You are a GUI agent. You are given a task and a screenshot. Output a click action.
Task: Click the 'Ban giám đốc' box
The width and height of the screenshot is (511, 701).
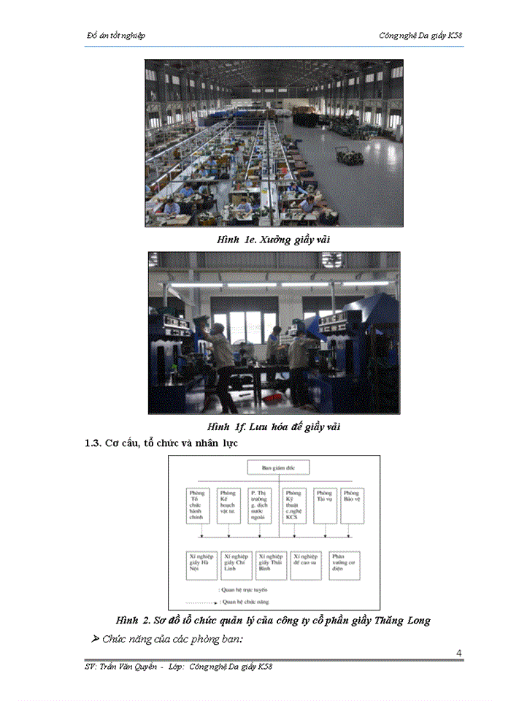pos(278,468)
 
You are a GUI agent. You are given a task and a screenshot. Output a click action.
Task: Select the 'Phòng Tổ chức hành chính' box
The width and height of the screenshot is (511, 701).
pos(197,505)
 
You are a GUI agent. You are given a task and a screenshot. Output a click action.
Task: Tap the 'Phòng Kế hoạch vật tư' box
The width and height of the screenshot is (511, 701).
pos(228,505)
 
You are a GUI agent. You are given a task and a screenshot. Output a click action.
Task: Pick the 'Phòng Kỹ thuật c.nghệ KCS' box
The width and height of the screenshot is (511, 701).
pos(293,505)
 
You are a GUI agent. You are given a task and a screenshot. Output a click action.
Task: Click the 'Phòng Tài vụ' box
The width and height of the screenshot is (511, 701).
pos(324,505)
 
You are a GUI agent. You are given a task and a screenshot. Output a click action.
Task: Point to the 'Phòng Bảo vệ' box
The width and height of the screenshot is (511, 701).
pos(353,505)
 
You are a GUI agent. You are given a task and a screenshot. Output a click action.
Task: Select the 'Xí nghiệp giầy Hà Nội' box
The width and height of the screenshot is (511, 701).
pos(201,564)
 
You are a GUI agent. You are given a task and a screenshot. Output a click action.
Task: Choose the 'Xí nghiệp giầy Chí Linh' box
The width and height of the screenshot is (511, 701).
pos(237,564)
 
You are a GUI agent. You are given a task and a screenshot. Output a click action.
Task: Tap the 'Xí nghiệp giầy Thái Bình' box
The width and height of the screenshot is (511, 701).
pos(272,564)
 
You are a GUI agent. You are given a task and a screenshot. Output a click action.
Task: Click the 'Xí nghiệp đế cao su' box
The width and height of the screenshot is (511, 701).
pos(307,564)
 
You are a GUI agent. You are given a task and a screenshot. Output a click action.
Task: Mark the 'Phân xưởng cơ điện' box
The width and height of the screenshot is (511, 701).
pos(343,564)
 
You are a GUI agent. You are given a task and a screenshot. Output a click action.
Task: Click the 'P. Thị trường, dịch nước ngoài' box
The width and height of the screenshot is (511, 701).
pos(261,505)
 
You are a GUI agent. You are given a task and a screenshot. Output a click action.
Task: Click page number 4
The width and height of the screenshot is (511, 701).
pos(458,652)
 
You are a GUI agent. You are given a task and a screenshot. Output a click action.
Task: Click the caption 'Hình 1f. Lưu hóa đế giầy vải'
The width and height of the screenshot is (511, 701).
pos(274,426)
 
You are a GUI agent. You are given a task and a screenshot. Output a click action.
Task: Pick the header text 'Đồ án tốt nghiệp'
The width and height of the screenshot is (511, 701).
pos(115,36)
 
